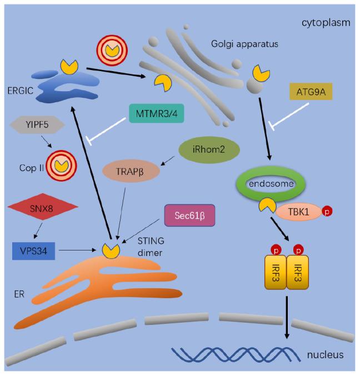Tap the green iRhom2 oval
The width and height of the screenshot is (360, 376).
click(209, 151)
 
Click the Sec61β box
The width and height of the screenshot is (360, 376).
click(189, 215)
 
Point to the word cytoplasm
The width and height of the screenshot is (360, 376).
click(324, 23)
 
